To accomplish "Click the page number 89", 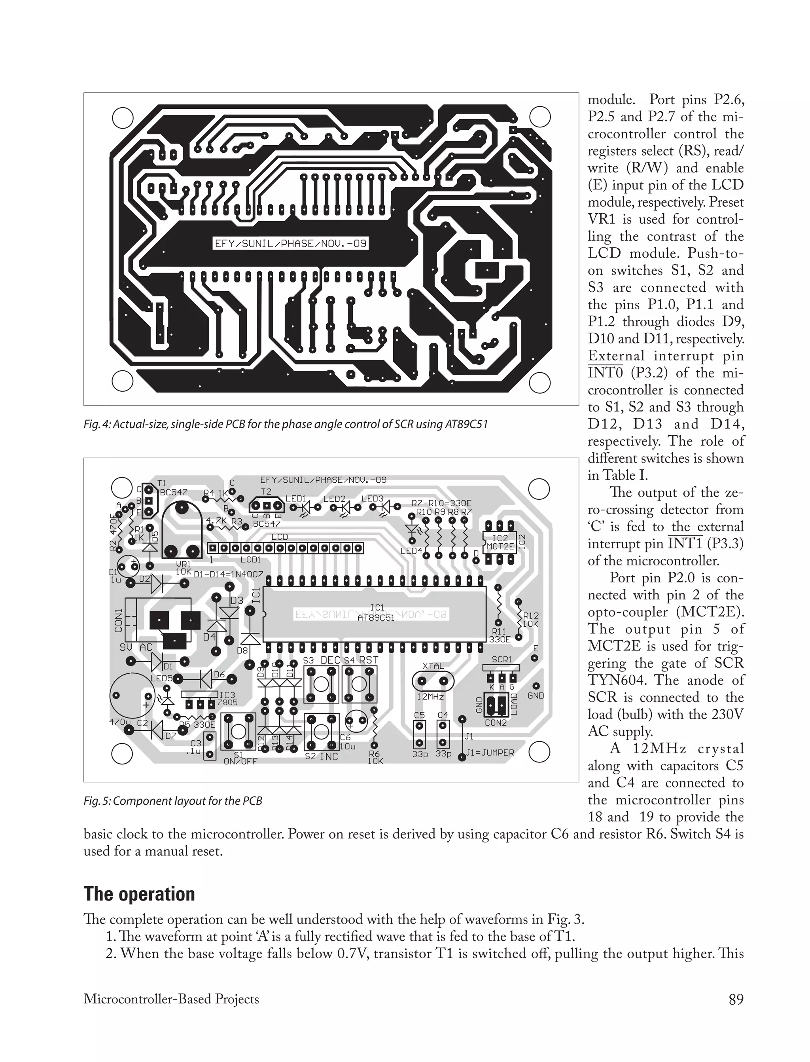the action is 736,999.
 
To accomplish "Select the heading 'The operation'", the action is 139,894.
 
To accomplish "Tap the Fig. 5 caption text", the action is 172,800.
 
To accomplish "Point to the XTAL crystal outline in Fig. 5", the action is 433,681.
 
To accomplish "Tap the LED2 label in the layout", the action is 334,499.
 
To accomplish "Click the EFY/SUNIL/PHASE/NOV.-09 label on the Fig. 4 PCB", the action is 291,244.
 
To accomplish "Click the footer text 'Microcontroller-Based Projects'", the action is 171,999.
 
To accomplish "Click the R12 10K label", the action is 531,620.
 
